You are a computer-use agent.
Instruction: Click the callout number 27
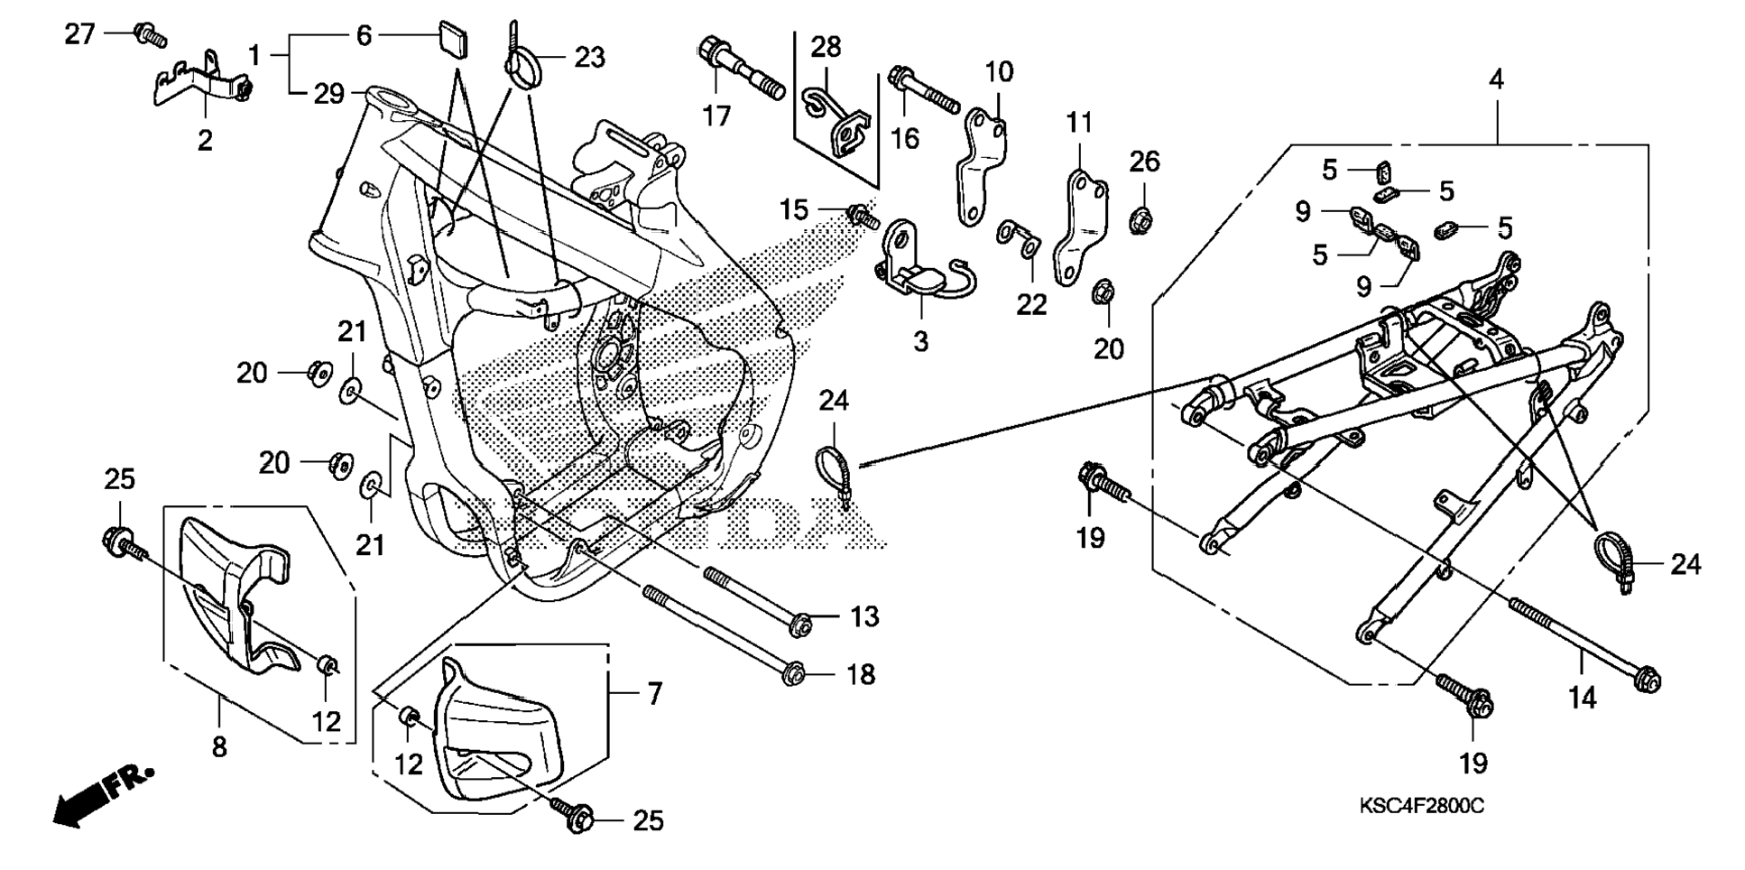point(79,35)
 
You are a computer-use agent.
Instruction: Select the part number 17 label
point(716,116)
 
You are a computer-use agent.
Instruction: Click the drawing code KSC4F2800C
point(1421,805)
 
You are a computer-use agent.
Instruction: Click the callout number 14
point(1582,698)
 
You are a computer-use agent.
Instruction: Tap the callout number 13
point(863,617)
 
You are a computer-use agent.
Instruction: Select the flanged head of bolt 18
point(793,673)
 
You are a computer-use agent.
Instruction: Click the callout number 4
point(1496,79)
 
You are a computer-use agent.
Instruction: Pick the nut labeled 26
point(1143,218)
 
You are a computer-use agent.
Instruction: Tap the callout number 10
point(999,71)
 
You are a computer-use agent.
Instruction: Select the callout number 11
point(1079,122)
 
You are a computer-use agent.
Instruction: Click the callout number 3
point(920,342)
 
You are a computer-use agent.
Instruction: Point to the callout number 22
point(1031,304)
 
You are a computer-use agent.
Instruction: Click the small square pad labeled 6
point(455,40)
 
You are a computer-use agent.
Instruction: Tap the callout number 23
point(590,58)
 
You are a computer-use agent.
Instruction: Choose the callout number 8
point(219,747)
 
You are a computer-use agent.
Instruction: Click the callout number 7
point(654,693)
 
